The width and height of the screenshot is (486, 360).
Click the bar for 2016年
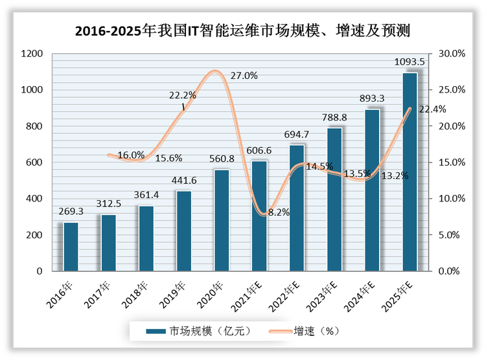pyautogui.click(x=71, y=247)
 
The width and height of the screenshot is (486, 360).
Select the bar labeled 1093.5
pyautogui.click(x=410, y=172)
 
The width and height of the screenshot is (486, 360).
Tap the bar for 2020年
pyautogui.click(x=222, y=220)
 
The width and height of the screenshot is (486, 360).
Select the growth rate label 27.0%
pyautogui.click(x=244, y=75)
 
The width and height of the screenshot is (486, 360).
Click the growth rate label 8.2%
pyautogui.click(x=278, y=212)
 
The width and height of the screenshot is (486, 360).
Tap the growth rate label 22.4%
pyautogui.click(x=432, y=109)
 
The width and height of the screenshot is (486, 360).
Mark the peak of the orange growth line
pyautogui.click(x=216, y=71)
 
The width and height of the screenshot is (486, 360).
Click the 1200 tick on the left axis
pyautogui.click(x=31, y=54)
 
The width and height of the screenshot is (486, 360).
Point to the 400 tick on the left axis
pyautogui.click(x=34, y=199)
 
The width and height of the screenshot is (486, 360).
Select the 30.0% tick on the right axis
pyautogui.click(x=452, y=54)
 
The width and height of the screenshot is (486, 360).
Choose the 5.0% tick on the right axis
pyautogui.click(x=452, y=235)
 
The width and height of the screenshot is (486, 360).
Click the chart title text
pyautogui.click(x=243, y=30)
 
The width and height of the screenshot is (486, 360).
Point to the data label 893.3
pyautogui.click(x=372, y=98)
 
